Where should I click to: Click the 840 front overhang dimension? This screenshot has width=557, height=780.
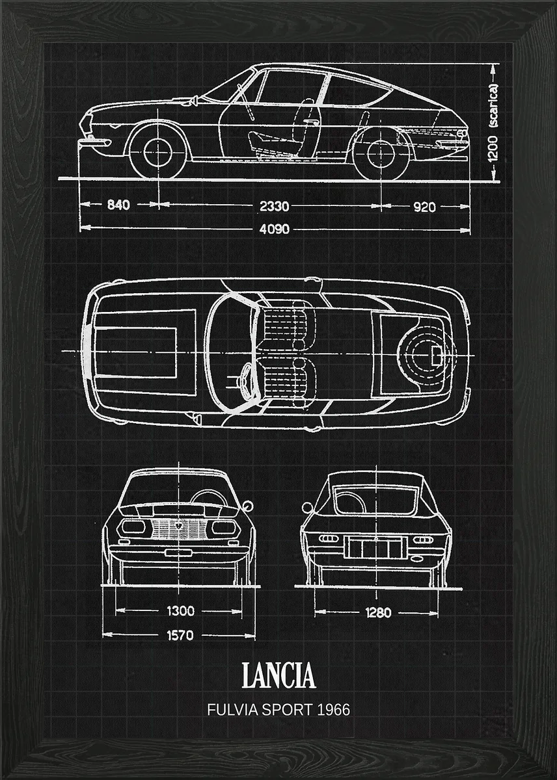(x=118, y=205)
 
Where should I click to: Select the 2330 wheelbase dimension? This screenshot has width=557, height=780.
(x=274, y=207)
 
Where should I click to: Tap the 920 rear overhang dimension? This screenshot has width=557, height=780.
(x=424, y=207)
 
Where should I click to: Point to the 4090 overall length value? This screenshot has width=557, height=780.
(x=274, y=229)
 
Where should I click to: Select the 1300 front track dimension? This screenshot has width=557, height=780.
(x=180, y=611)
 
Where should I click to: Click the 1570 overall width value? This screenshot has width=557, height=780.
(x=180, y=635)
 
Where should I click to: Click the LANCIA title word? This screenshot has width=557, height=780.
(x=278, y=676)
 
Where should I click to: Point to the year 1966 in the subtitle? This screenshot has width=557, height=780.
(x=333, y=709)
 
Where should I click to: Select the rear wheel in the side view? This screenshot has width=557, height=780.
(x=381, y=153)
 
